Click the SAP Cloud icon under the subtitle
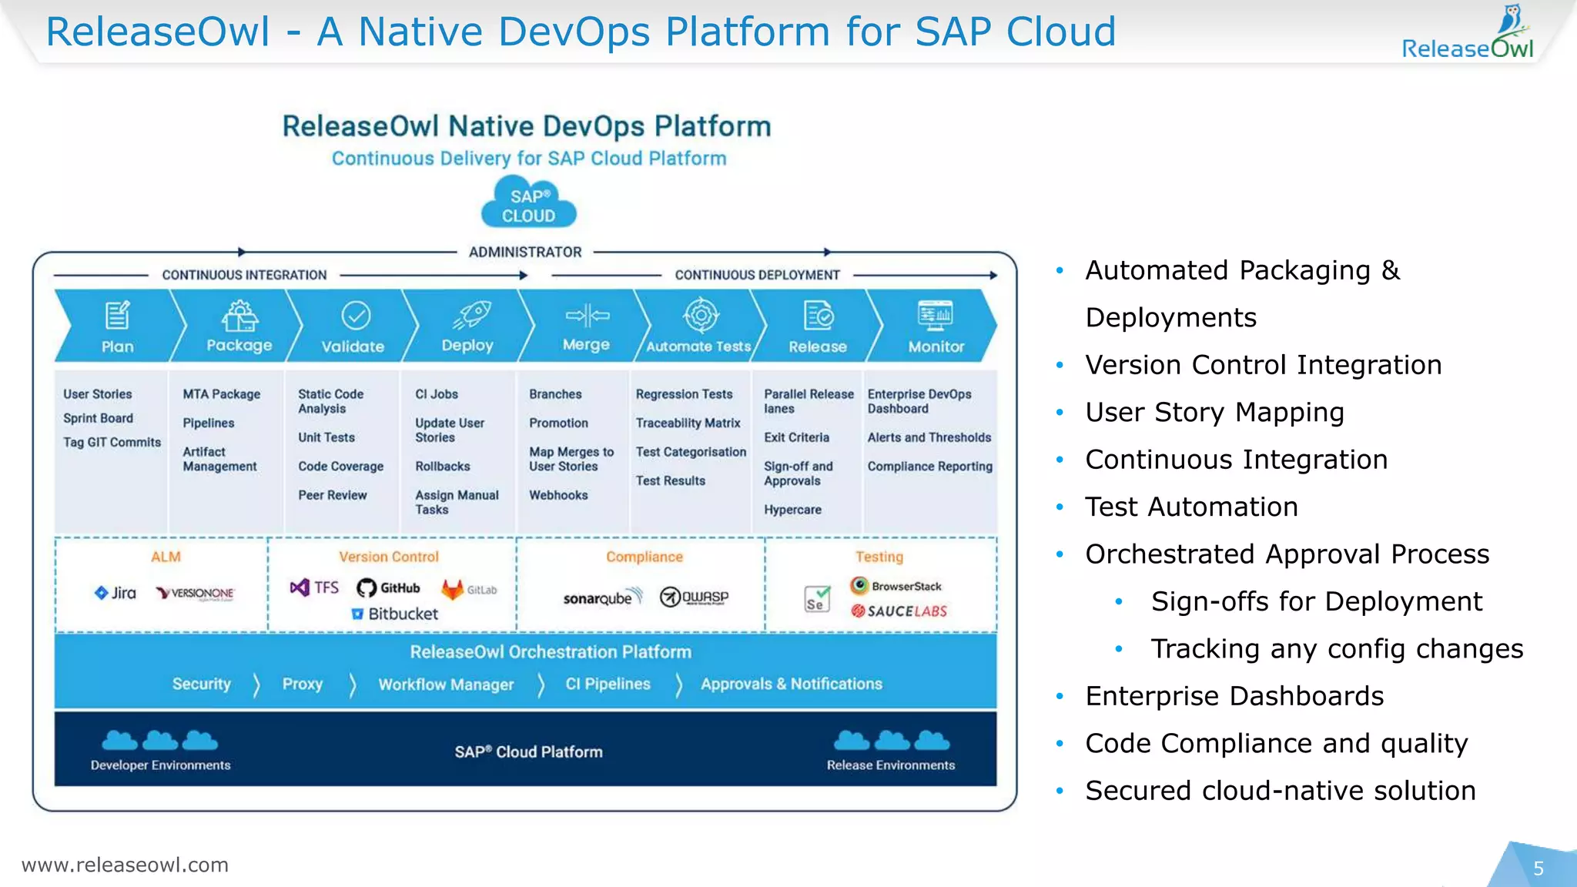tap(529, 203)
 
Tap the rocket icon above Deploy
tap(471, 314)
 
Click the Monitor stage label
tap(936, 346)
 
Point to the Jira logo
tap(116, 593)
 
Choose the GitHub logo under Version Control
tap(389, 588)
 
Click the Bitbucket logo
tap(395, 614)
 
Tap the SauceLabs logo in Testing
tap(899, 611)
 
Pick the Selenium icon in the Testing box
tap(817, 598)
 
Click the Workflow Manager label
tap(446, 684)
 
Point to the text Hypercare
tap(792, 510)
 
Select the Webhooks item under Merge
tap(558, 495)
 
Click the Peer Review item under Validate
tap(333, 495)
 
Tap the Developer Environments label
tap(160, 765)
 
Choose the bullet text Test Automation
tap(1191, 507)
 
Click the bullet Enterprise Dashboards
tap(1234, 696)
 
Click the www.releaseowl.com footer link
tap(125, 865)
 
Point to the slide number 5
tap(1538, 869)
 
